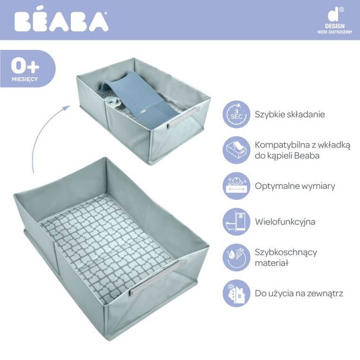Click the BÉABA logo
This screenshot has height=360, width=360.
point(61,21)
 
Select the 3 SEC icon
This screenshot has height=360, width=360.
point(236,114)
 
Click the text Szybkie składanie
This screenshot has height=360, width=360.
point(290,114)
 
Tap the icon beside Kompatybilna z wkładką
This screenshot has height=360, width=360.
point(236,150)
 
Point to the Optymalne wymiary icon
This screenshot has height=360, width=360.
point(236,186)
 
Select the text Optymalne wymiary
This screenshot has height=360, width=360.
point(295,186)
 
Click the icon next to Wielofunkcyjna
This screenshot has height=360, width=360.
point(236,222)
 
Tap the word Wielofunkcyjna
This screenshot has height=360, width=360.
point(285,222)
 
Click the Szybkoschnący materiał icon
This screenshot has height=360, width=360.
point(236,257)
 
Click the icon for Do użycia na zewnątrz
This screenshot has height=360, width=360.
point(236,293)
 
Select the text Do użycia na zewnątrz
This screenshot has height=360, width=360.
point(299,293)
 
